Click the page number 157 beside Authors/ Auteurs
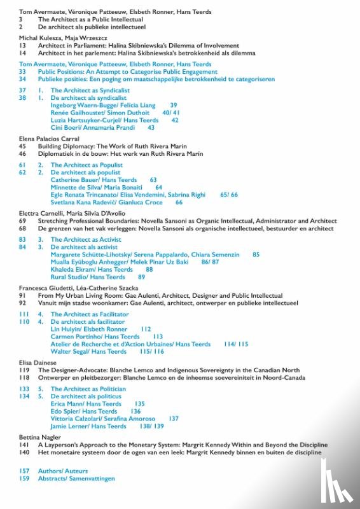point(24,471)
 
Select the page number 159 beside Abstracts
point(24,478)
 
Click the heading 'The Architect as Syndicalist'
point(90,91)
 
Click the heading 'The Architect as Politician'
point(87,389)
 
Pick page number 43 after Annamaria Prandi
point(151,127)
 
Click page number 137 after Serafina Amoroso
point(174,419)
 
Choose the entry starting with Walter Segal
point(88,351)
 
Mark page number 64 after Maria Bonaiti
point(158,188)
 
